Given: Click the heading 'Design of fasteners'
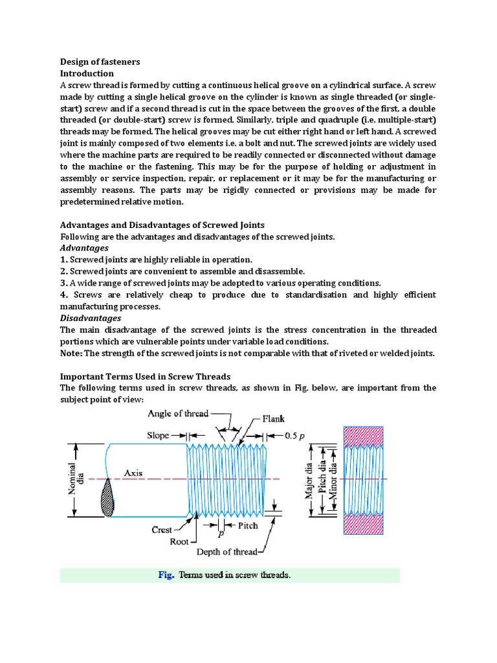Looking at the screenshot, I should [x=100, y=62].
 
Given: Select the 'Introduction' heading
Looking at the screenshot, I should [x=87, y=73].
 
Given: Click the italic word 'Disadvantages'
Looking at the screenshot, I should [x=91, y=318].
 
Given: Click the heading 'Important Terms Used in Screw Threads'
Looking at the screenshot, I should [x=145, y=376].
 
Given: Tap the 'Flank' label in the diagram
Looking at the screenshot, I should [x=273, y=419].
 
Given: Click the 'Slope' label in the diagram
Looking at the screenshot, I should [x=158, y=436].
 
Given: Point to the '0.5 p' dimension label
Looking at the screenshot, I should [x=296, y=436].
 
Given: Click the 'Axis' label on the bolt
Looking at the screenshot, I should [x=133, y=473].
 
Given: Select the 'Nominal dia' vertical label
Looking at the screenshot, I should [x=76, y=479].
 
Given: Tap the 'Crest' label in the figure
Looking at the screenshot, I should [x=162, y=529].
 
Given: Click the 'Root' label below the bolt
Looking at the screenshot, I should [x=179, y=541].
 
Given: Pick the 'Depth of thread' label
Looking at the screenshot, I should [x=226, y=552].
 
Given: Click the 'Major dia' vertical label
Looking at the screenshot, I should [x=309, y=480].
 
